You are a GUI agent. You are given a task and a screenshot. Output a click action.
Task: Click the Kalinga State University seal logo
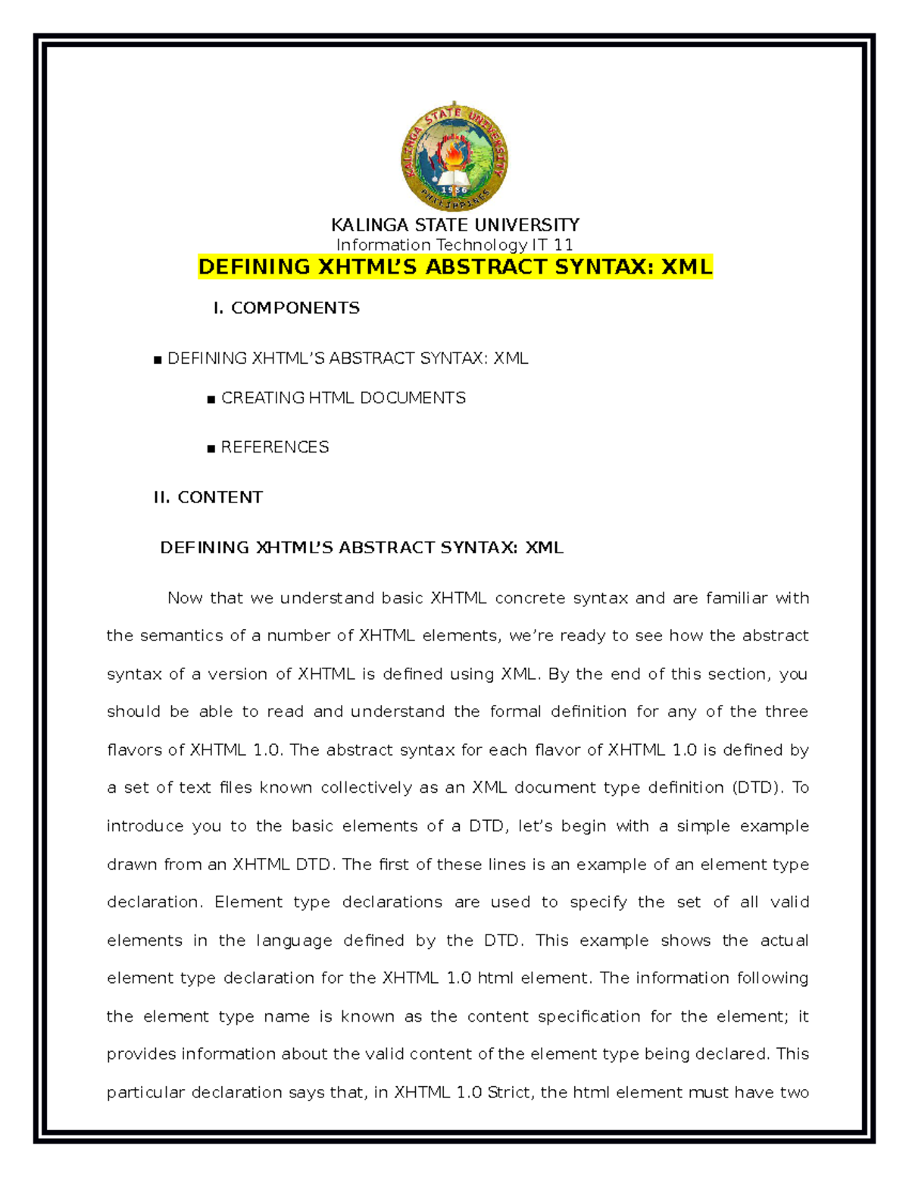[454, 158]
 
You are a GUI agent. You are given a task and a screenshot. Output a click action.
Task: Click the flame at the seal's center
[454, 155]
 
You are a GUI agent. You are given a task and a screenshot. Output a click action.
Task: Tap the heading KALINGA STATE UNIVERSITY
[455, 225]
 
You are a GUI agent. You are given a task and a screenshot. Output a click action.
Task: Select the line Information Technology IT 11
[454, 245]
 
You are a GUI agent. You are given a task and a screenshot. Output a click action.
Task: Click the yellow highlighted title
[455, 267]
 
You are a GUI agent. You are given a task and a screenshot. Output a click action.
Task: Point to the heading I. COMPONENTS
[286, 308]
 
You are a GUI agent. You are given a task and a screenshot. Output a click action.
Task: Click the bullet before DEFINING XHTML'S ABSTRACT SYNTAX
[158, 360]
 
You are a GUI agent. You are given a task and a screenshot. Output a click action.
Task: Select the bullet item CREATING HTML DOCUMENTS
[342, 398]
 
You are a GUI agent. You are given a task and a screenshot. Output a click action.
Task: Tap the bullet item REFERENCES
[274, 447]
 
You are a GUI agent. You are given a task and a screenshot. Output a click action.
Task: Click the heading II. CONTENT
[208, 497]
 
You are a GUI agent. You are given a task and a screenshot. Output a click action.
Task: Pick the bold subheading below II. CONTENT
[361, 548]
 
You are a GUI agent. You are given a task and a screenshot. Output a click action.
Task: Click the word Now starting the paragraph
[185, 598]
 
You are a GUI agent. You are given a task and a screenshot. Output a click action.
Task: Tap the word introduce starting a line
[145, 826]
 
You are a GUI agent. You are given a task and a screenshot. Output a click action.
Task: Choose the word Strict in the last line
[509, 1093]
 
